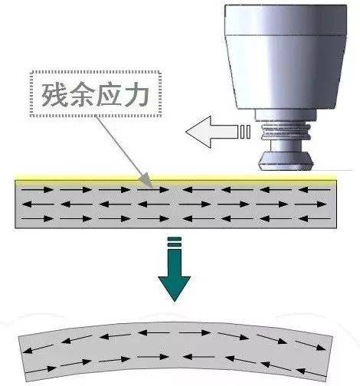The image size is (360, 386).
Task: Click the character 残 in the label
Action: coord(54,94)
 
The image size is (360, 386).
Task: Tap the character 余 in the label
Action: coord(82,94)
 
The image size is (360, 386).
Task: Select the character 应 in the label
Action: coord(109,94)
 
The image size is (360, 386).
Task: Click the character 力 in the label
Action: coord(136,94)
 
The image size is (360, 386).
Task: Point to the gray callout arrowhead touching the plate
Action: coord(146,179)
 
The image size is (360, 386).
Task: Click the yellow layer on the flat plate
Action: coord(175,178)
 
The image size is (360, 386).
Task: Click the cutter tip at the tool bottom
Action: coord(285,161)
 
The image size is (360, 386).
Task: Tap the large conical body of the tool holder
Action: coord(286,72)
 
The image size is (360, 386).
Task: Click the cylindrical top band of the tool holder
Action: coord(286,20)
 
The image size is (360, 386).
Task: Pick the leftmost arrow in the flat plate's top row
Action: coord(38,190)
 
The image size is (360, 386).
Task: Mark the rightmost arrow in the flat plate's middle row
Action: coord(310,204)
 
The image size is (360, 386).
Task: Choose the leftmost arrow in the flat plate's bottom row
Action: coord(38,219)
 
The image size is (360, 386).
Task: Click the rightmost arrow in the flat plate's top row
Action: coord(314,190)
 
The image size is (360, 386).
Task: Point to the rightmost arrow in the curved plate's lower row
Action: coord(311,373)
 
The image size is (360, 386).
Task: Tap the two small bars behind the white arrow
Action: coord(245,132)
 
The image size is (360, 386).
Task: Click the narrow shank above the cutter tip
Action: coord(286,146)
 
